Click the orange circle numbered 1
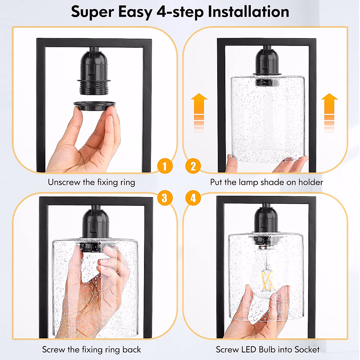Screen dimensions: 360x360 [x=165, y=166]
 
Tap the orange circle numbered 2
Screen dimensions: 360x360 [x=193, y=166]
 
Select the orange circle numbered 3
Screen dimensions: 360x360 [x=165, y=198]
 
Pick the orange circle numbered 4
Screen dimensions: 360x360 [x=193, y=198]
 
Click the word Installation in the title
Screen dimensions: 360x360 [x=248, y=12]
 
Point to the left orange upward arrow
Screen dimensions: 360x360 [x=199, y=113]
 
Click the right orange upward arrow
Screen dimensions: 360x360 [x=329, y=113]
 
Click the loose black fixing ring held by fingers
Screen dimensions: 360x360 [x=94, y=106]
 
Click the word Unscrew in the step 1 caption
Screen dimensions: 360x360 [x=64, y=182]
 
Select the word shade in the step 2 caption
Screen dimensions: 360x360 [x=272, y=182]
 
